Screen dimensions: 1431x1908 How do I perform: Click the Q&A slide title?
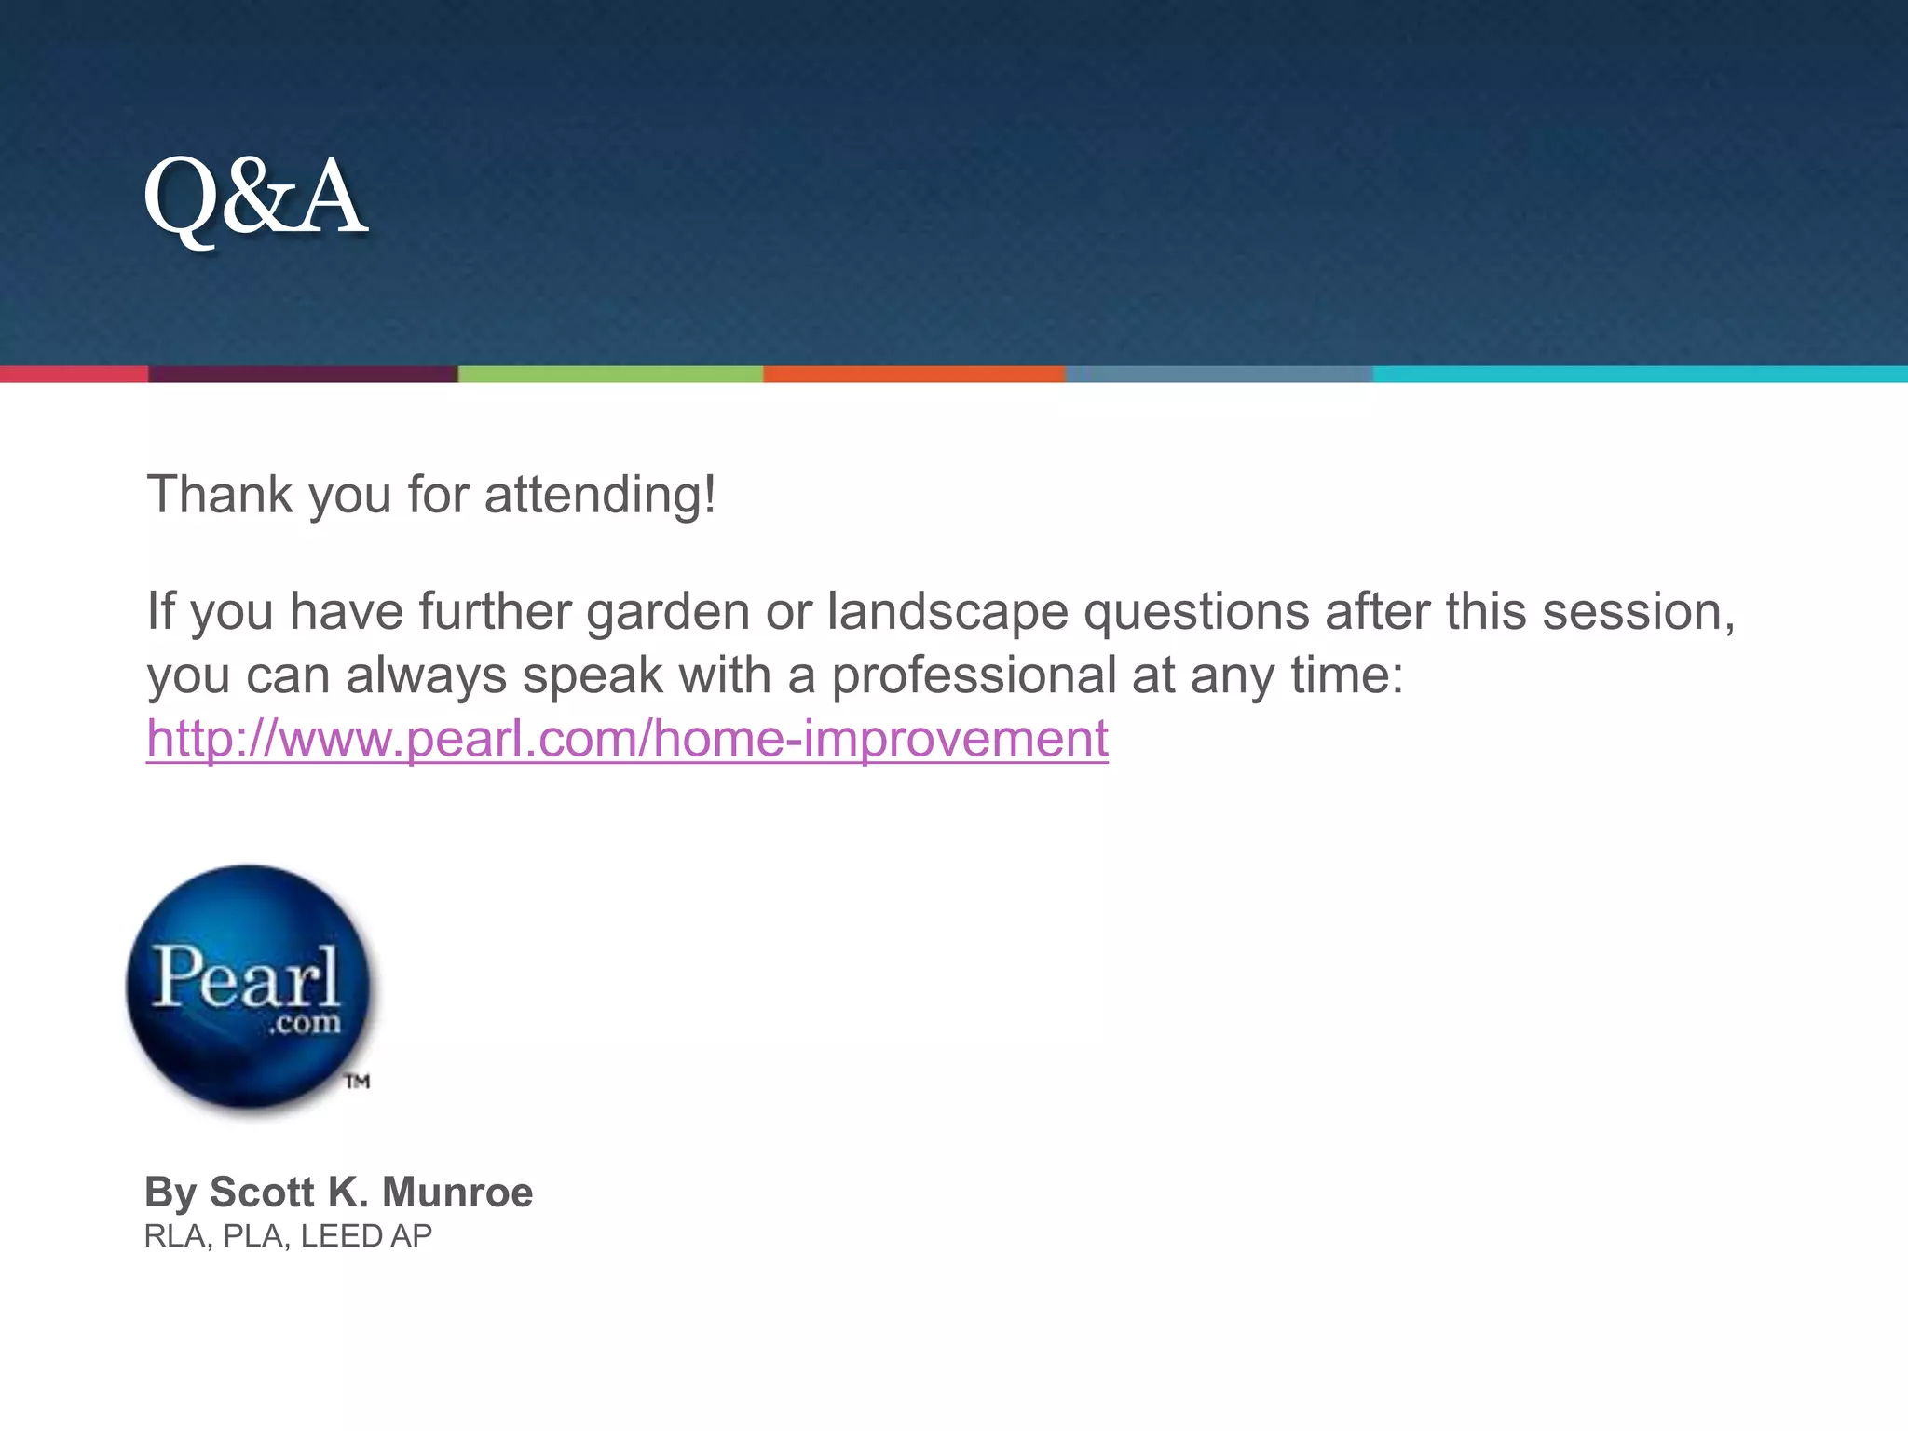click(x=255, y=197)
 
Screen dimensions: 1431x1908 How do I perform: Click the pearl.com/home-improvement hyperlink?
click(x=627, y=739)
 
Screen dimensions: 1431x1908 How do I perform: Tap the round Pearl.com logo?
click(x=248, y=988)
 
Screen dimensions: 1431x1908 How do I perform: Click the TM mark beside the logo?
click(x=358, y=1082)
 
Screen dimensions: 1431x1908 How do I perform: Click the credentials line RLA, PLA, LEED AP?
click(x=288, y=1236)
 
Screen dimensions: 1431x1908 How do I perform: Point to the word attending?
click(x=600, y=495)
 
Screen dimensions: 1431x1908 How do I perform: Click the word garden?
click(x=668, y=613)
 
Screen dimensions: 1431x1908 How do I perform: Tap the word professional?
click(x=974, y=675)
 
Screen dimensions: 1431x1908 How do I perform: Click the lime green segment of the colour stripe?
click(x=610, y=375)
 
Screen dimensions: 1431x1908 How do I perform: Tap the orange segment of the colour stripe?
click(x=914, y=375)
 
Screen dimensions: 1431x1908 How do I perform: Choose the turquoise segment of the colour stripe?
click(x=1640, y=375)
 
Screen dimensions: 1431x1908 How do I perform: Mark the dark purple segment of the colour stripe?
click(x=303, y=375)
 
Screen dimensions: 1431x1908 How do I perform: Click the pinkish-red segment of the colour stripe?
click(x=74, y=375)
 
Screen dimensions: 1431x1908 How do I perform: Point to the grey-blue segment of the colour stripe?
click(x=1219, y=375)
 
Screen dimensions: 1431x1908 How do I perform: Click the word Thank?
click(x=220, y=495)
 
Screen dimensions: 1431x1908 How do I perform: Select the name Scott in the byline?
click(x=262, y=1192)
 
